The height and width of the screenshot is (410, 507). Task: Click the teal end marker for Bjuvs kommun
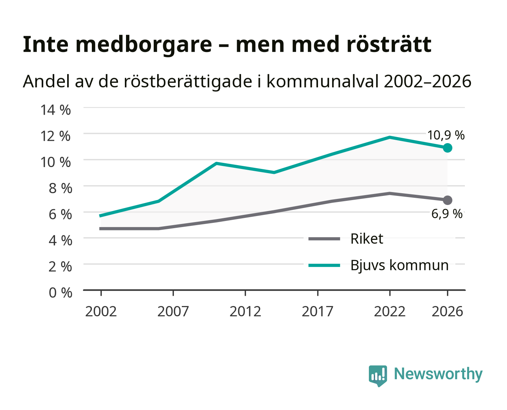(x=447, y=148)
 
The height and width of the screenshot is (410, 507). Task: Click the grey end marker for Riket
(x=447, y=200)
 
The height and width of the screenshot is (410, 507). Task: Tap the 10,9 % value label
(x=446, y=135)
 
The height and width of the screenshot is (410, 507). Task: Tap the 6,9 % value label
(x=447, y=214)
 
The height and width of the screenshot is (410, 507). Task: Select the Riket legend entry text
(x=367, y=238)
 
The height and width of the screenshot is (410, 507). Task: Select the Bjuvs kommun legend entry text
(x=399, y=265)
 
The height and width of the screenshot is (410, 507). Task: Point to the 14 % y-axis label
(x=55, y=110)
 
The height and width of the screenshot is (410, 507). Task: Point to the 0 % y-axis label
(x=60, y=293)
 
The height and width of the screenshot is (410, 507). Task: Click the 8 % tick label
(x=60, y=188)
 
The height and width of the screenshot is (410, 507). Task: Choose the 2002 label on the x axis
(x=101, y=311)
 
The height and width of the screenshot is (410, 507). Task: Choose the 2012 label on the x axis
(x=245, y=311)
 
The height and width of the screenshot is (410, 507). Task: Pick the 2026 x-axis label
(x=447, y=311)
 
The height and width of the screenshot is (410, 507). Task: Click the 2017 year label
(x=318, y=311)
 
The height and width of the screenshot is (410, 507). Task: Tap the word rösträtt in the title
(x=389, y=44)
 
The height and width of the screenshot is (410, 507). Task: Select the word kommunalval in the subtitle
(x=323, y=81)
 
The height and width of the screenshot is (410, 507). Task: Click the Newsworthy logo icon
(x=378, y=376)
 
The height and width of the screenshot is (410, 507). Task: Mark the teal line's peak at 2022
(x=390, y=137)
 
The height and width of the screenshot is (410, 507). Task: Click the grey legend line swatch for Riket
(x=324, y=239)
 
